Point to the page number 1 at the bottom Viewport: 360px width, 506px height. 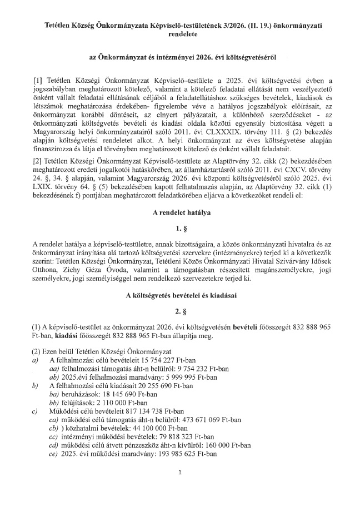pos(180,473)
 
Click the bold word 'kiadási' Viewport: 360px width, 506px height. pos(62,336)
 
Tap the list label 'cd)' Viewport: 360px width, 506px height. pos(54,445)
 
